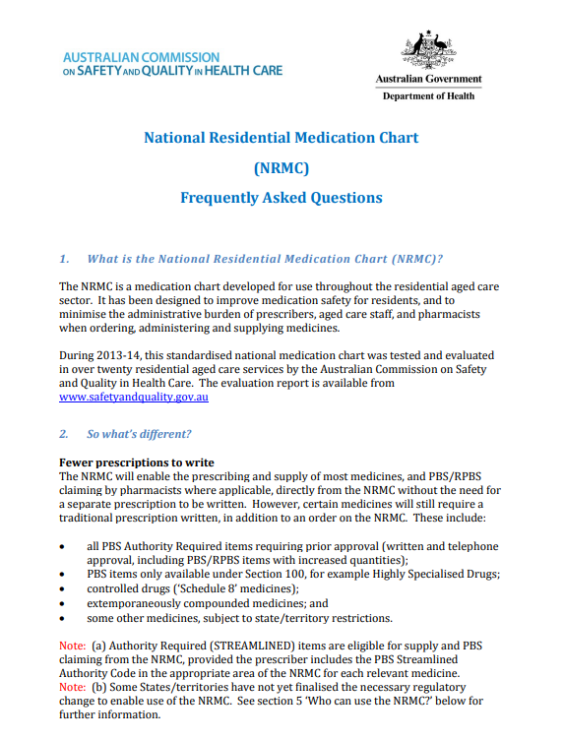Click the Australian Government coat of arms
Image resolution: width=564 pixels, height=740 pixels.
point(428,48)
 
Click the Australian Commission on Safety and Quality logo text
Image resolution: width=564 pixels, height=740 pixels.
point(171,64)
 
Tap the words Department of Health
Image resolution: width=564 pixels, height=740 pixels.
point(428,95)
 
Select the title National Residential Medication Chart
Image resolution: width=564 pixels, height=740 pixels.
point(281,138)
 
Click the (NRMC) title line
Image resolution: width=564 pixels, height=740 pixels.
point(281,167)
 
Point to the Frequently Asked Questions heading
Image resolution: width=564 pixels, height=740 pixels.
point(281,198)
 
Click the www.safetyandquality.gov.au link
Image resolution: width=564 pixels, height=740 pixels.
point(133,398)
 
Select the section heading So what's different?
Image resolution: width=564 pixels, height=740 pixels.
point(139,434)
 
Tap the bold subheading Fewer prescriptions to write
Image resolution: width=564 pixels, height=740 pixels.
point(137,462)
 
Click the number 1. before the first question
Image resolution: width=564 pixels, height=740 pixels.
point(64,259)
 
